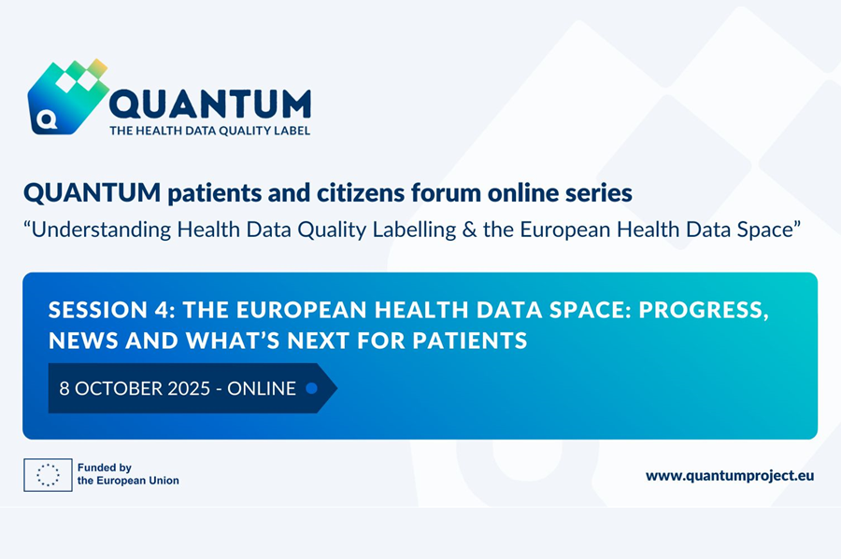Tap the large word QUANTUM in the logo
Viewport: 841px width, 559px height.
pyautogui.click(x=210, y=104)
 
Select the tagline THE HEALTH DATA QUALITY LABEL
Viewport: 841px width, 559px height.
pyautogui.click(x=209, y=131)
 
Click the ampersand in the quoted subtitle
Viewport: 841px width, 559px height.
pyautogui.click(x=469, y=230)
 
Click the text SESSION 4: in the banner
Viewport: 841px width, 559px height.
pyautogui.click(x=111, y=310)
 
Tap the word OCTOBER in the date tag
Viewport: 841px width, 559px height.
pyautogui.click(x=118, y=389)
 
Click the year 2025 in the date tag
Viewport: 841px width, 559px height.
pyautogui.click(x=190, y=389)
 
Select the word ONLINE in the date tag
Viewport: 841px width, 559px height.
pyautogui.click(x=262, y=389)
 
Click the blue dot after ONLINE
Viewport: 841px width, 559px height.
pyautogui.click(x=311, y=389)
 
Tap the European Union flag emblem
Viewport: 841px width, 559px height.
pyautogui.click(x=48, y=475)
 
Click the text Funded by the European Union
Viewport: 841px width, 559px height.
pyautogui.click(x=128, y=474)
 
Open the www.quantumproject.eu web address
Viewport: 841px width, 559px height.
pyautogui.click(x=730, y=475)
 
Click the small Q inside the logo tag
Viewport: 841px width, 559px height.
pyautogui.click(x=48, y=119)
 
